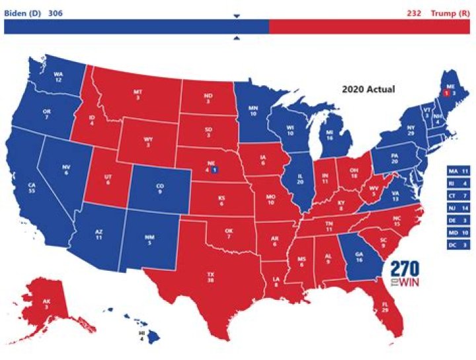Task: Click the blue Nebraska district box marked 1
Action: click(215, 170)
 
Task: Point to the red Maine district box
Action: click(446, 94)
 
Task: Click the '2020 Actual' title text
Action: click(368, 88)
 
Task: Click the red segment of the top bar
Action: click(370, 27)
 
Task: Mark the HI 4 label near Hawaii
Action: click(141, 336)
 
